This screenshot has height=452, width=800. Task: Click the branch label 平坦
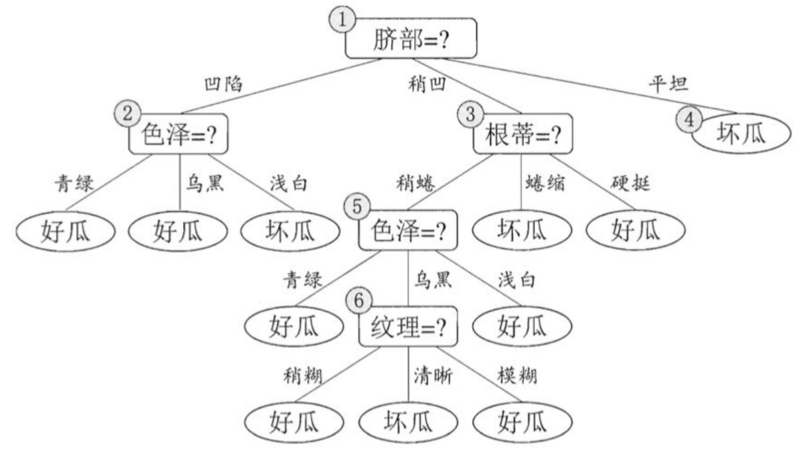click(x=667, y=84)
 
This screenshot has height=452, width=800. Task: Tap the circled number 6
click(x=358, y=301)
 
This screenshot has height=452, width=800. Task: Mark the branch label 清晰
click(x=432, y=376)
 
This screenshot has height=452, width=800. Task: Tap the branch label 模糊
click(x=517, y=376)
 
